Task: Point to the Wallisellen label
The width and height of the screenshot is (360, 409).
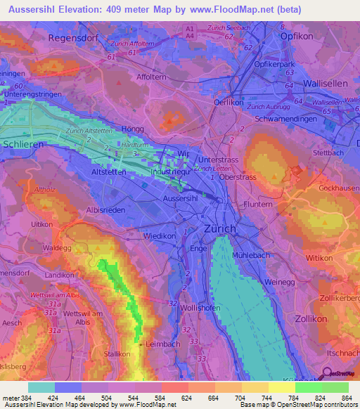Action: (330, 83)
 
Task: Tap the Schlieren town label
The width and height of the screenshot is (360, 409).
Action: (22, 143)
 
